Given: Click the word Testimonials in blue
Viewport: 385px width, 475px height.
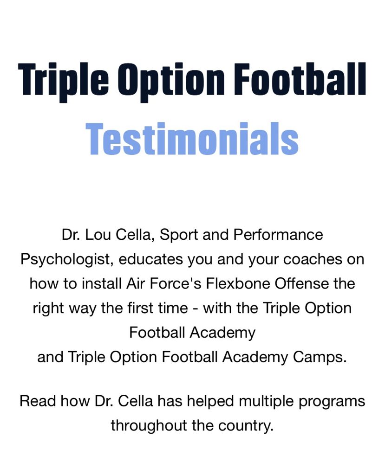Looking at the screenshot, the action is coord(192,138).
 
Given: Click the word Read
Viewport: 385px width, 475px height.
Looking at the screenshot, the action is coord(38,401).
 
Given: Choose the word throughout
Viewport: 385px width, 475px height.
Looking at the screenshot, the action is coord(149,426).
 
